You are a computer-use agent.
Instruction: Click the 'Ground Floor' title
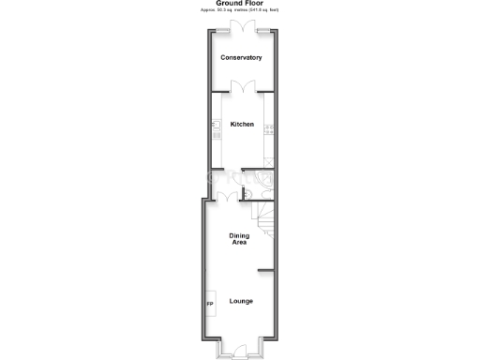click(x=240, y=3)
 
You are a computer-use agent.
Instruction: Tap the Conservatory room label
click(x=241, y=58)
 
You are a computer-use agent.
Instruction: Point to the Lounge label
click(x=241, y=301)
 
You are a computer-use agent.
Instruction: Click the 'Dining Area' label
click(x=239, y=238)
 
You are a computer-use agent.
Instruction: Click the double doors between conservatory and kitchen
click(x=241, y=87)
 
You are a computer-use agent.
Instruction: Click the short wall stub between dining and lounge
click(x=265, y=270)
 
